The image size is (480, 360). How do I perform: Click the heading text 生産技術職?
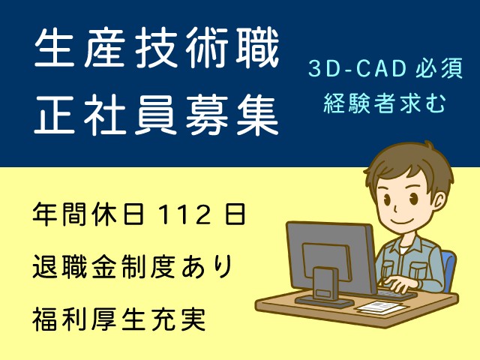coord(157,48)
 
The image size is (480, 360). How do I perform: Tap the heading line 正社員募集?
coord(156,115)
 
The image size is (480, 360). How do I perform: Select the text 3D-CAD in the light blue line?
coord(357,68)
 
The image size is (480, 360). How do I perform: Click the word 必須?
coord(439,68)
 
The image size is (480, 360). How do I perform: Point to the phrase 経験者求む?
coord(385,103)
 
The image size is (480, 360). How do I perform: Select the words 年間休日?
coord(88,214)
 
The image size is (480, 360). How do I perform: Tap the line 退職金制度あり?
coord(132,267)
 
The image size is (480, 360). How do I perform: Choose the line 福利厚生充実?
coord(118,319)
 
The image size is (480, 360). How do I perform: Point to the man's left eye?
coord(414,199)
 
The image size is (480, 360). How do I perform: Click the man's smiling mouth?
coord(400,220)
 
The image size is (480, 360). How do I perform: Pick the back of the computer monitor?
coord(331,258)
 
